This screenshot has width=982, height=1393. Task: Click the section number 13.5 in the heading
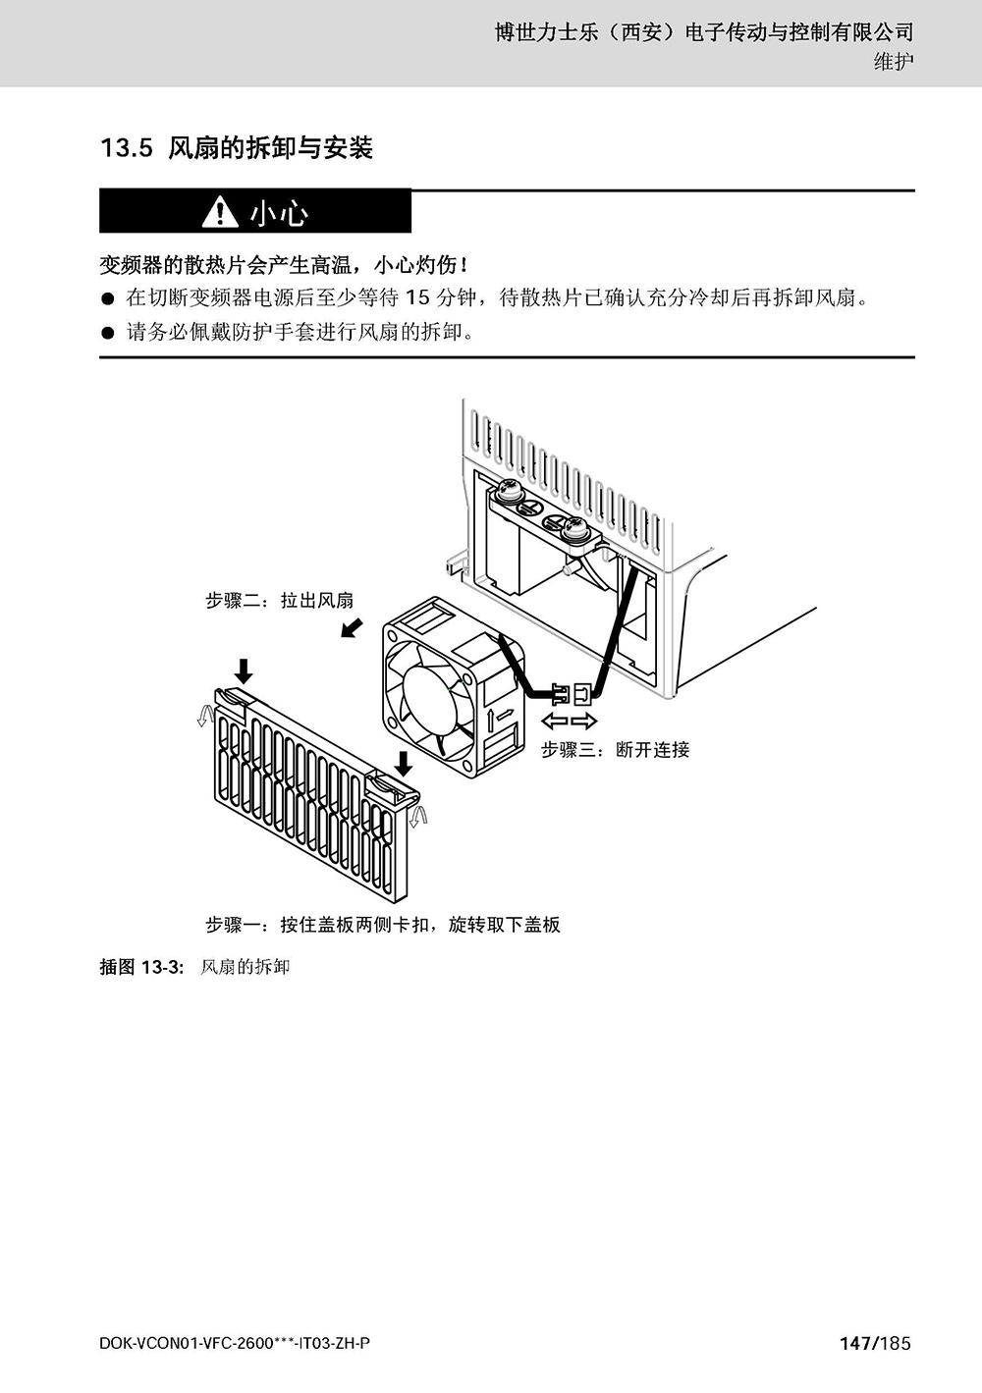pyautogui.click(x=127, y=148)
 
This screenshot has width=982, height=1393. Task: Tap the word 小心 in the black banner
pyautogui.click(x=279, y=213)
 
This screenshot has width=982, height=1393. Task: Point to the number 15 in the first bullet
pyautogui.click(x=417, y=297)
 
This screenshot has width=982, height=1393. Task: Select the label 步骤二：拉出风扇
pyautogui.click(x=280, y=600)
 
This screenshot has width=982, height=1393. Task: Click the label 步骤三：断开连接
pyautogui.click(x=615, y=749)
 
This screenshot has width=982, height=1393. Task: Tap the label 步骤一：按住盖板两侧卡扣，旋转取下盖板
pyautogui.click(x=383, y=925)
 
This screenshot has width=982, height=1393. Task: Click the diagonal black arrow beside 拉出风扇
pyautogui.click(x=352, y=627)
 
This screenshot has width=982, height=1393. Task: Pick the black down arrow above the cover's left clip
pyautogui.click(x=244, y=671)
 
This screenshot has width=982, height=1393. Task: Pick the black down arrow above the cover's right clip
pyautogui.click(x=405, y=764)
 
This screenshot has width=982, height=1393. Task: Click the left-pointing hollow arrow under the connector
pyautogui.click(x=554, y=722)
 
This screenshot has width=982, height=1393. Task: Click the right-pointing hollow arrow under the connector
pyautogui.click(x=584, y=722)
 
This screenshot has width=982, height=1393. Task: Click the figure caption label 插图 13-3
pyautogui.click(x=141, y=967)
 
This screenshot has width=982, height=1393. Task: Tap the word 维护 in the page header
pyautogui.click(x=894, y=62)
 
